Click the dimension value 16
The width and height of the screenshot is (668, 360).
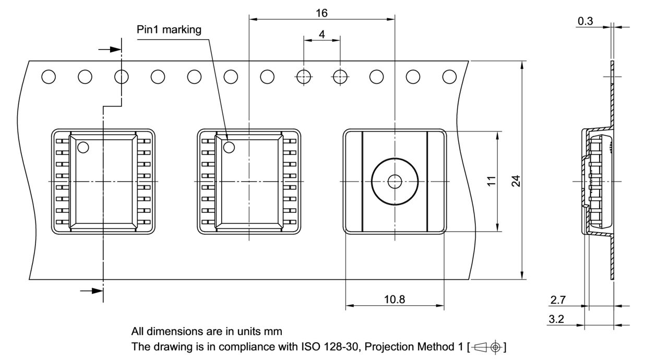321,13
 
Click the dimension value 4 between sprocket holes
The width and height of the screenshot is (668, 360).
321,34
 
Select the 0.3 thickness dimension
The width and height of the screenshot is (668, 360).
585,21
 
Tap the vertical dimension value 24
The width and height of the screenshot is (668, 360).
516,181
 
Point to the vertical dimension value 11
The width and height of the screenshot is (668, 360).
491,181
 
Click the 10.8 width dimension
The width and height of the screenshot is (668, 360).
395,299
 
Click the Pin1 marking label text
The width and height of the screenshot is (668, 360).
169,30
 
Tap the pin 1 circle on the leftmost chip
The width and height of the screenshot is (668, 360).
82,148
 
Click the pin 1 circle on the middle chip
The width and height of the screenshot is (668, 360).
229,148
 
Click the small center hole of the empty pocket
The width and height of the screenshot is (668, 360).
395,182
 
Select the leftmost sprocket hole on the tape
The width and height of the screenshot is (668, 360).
49,77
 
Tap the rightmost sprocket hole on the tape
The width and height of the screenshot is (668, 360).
449,77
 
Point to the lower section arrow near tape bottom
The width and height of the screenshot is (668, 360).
92,290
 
